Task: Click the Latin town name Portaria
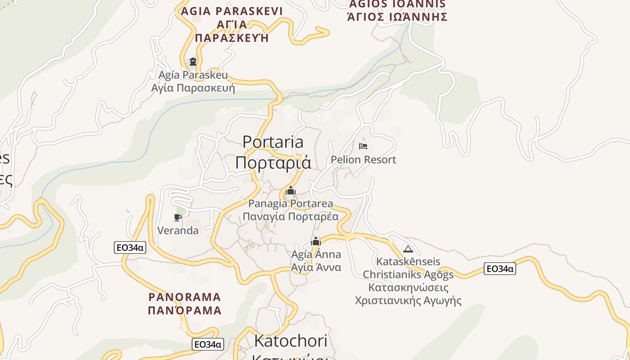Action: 273,142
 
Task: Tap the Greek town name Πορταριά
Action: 273,162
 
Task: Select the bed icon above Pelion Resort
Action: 363,146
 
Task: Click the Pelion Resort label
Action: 363,160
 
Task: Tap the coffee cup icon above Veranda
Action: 178,218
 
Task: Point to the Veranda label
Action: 178,231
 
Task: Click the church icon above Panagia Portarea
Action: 291,191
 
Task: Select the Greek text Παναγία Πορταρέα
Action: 291,216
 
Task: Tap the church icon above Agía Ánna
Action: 316,242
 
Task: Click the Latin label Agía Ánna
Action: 316,255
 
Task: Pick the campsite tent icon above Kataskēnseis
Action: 408,249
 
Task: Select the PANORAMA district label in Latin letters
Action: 184,297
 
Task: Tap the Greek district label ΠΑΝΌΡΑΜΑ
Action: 184,310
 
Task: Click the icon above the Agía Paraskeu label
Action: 193,62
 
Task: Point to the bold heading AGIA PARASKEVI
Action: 232,11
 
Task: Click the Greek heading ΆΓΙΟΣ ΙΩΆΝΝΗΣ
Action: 397,17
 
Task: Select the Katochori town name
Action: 291,341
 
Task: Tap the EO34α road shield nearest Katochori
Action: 207,345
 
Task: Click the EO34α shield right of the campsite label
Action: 500,269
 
